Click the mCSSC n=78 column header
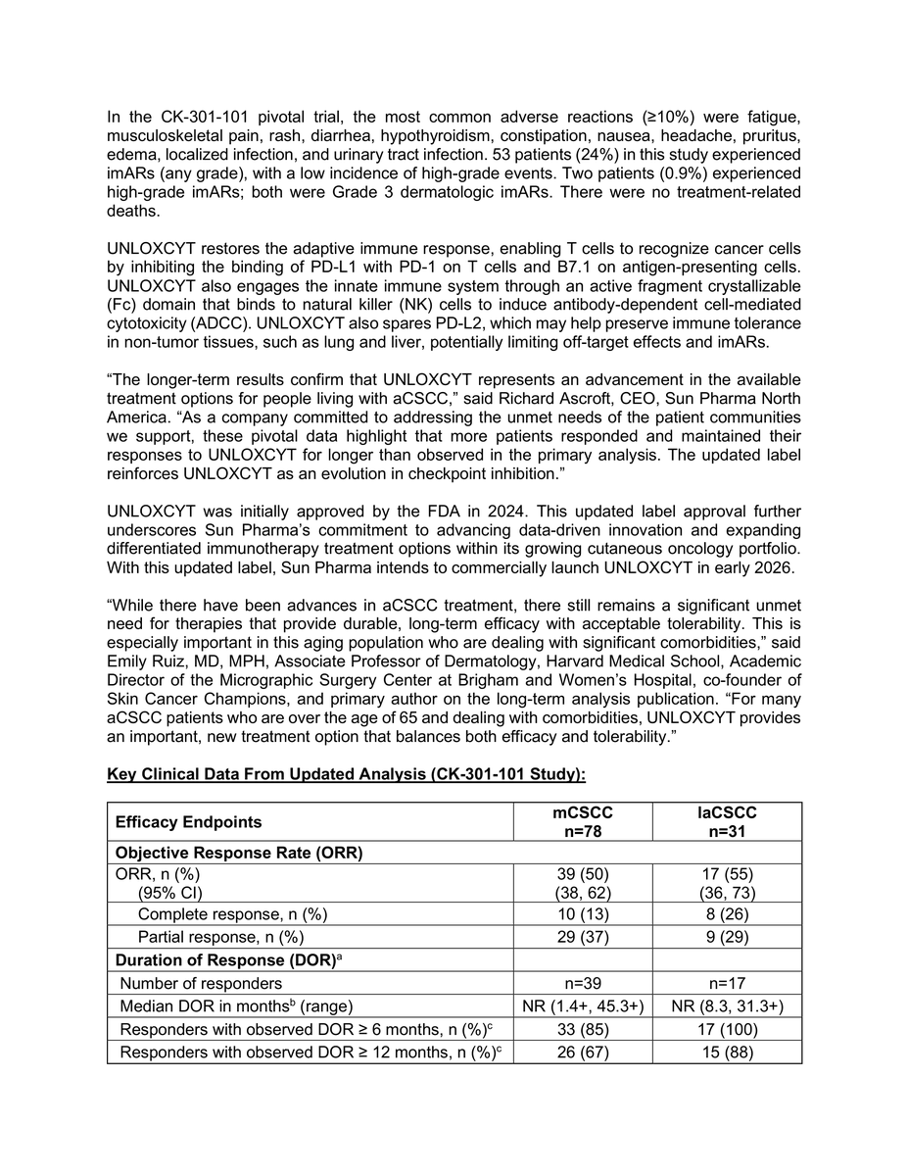coord(583,821)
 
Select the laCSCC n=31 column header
coord(726,821)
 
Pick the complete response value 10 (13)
coord(583,913)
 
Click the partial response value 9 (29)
coord(726,937)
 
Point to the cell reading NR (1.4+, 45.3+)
coord(583,1005)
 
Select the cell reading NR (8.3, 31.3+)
coord(726,1005)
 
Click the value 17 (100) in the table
coord(726,1029)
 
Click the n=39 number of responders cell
coord(583,983)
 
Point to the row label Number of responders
coord(201,983)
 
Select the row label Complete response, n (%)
coord(232,913)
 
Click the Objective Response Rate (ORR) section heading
coord(239,852)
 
